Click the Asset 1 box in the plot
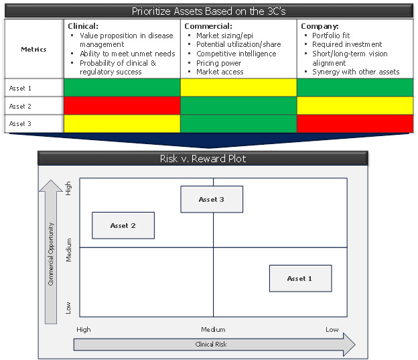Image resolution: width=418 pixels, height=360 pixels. (299, 278)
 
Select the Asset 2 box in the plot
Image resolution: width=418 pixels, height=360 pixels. (123, 225)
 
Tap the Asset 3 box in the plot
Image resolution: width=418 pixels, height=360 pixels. (212, 199)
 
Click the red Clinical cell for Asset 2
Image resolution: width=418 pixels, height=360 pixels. (122, 106)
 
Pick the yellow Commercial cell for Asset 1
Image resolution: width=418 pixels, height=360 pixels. (238, 88)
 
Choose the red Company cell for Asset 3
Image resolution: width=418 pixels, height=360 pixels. (355, 124)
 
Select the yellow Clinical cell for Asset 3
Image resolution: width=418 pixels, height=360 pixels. (122, 124)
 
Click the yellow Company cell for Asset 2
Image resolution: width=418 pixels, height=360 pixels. (355, 106)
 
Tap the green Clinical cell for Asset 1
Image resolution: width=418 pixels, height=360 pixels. (122, 88)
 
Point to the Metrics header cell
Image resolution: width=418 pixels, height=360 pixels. (33, 49)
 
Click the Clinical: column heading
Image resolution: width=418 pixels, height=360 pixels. (84, 25)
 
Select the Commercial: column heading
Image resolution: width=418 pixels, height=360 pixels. (208, 25)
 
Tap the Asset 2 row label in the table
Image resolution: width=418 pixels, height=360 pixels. (21, 106)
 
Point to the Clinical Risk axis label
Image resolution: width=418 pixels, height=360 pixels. (211, 344)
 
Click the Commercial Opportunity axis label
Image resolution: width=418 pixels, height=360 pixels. (51, 253)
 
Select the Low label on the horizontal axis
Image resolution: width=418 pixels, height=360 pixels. (332, 329)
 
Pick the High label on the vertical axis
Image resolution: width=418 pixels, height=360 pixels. (68, 188)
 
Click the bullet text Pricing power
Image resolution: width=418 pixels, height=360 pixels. (220, 63)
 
